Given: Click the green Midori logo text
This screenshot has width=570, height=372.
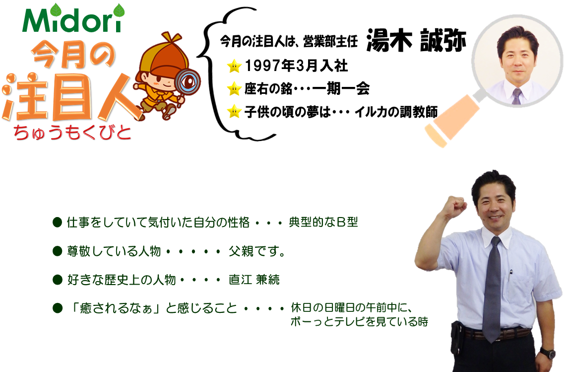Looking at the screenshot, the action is coord(73,19).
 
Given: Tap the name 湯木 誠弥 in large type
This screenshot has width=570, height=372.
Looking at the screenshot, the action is coord(416,40).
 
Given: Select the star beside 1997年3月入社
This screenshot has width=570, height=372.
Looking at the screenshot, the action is coord(234,66).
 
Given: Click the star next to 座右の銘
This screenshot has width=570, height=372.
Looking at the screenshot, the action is coord(234,89).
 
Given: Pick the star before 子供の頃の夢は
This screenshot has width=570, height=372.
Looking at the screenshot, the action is coord(234,112).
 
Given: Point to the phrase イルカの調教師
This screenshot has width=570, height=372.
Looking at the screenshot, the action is coord(396,112).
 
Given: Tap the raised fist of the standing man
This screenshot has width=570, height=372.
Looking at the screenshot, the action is coord(456,206).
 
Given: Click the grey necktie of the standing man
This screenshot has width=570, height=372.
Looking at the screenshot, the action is coord(492,288).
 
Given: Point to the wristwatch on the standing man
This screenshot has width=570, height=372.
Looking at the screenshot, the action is coord(547,353).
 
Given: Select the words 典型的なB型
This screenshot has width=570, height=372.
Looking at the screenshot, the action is coord(323,222).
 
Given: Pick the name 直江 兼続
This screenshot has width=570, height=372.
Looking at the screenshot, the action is coord(254,280).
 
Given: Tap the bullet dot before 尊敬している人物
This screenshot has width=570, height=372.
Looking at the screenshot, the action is coord(58,251).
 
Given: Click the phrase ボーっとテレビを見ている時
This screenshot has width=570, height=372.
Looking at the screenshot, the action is coord(359,322).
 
